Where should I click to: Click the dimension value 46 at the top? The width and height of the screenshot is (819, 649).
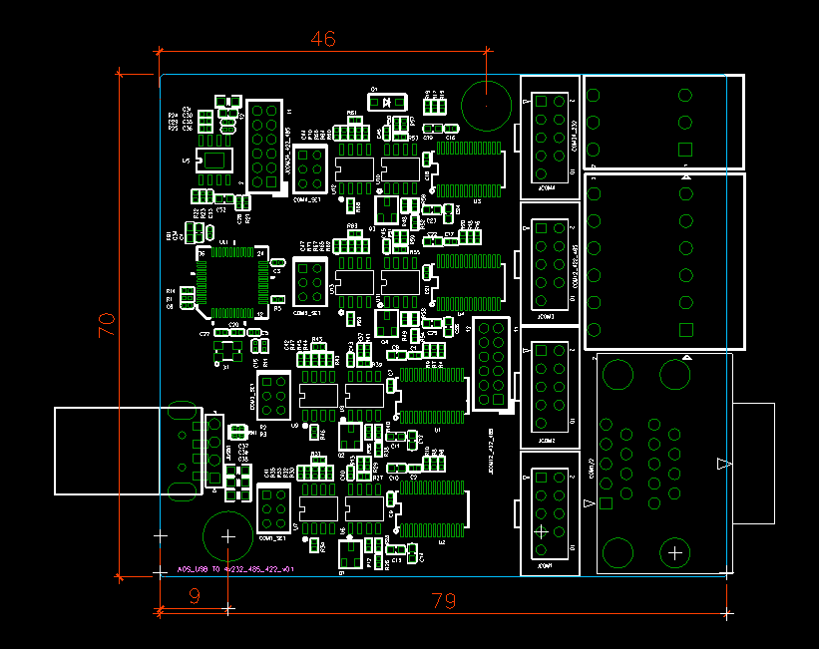pos(322,39)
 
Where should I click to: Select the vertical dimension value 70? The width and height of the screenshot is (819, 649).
pos(106,325)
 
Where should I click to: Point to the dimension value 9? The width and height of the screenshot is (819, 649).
pos(194,596)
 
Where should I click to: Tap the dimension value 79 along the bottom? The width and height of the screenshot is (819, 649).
pos(444,601)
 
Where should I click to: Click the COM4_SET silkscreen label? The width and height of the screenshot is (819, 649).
pos(306,198)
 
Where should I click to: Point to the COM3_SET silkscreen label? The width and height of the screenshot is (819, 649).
pos(306,312)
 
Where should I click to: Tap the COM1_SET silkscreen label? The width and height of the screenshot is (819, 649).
pos(271,537)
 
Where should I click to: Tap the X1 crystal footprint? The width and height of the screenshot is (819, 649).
pos(226,351)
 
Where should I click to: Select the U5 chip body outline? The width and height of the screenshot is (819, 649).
pos(215,161)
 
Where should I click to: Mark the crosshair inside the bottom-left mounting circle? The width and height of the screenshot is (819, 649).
pos(227,536)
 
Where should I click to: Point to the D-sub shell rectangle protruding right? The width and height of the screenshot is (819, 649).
pos(753,463)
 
